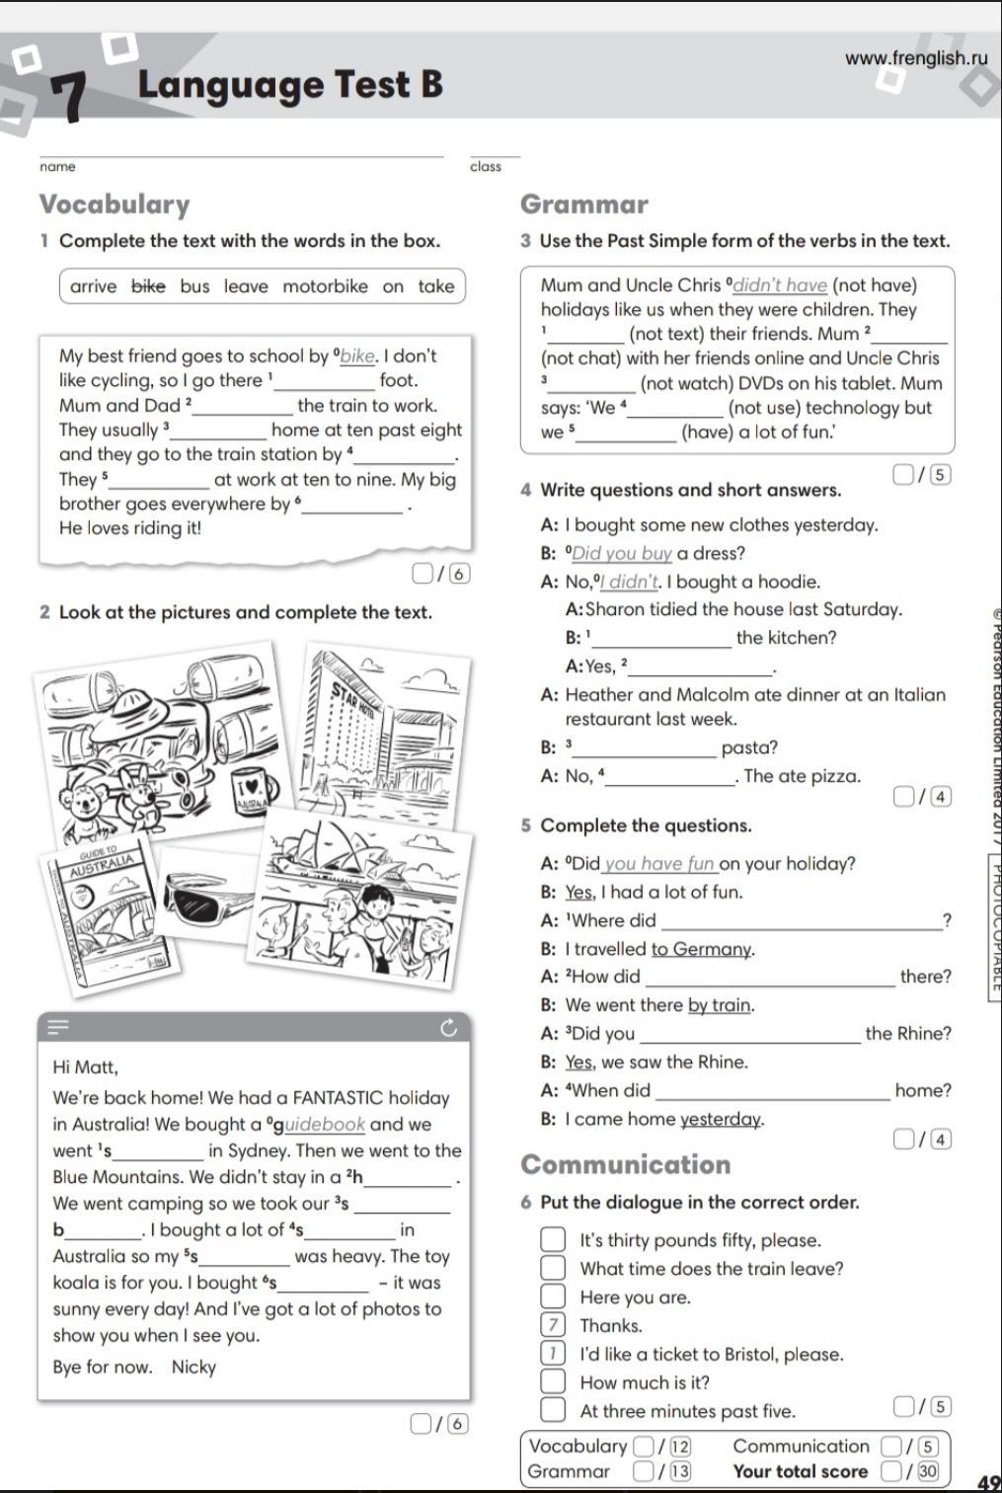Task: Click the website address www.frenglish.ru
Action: pyautogui.click(x=915, y=58)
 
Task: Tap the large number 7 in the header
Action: pyautogui.click(x=68, y=98)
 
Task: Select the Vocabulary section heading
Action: pyautogui.click(x=115, y=204)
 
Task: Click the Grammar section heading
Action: pyautogui.click(x=583, y=204)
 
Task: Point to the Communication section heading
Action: pyautogui.click(x=626, y=1164)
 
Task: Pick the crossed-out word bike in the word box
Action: pyautogui.click(x=148, y=286)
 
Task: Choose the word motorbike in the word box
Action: pyautogui.click(x=325, y=286)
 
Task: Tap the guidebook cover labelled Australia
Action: pyautogui.click(x=99, y=913)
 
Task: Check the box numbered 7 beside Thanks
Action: pyautogui.click(x=553, y=1325)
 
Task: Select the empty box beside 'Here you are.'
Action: pyautogui.click(x=553, y=1297)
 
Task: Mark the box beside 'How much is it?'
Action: pyautogui.click(x=553, y=1382)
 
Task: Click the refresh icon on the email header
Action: pyautogui.click(x=449, y=1029)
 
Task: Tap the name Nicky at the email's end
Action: pyautogui.click(x=193, y=1368)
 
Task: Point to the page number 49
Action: pyautogui.click(x=988, y=1482)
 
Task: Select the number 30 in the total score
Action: pyautogui.click(x=928, y=1471)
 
